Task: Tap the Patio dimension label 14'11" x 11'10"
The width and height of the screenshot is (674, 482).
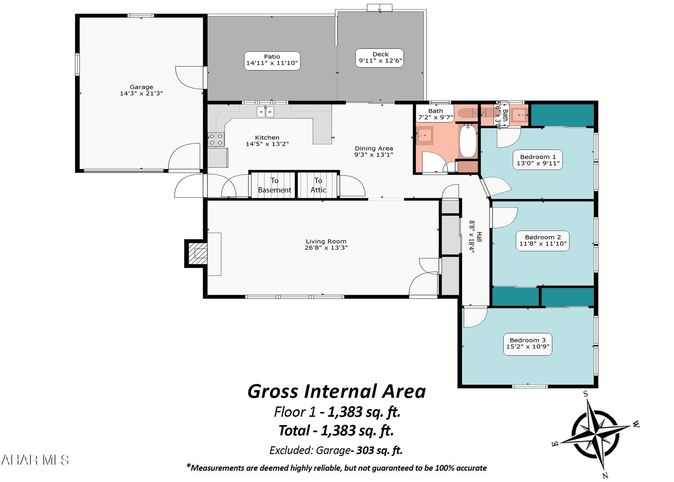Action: coord(272,63)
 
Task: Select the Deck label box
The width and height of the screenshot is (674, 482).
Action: coord(380,58)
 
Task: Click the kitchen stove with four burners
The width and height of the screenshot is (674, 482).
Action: coord(216,139)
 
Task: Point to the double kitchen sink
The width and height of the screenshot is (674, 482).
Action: coord(265,112)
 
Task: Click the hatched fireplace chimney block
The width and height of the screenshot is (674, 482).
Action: coord(197,253)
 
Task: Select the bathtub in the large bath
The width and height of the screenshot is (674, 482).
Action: coord(468,142)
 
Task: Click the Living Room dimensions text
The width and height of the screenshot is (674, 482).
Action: coord(326,248)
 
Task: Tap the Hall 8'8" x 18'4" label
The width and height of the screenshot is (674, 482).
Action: coord(475,237)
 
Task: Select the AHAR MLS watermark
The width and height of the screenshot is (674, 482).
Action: coord(35,460)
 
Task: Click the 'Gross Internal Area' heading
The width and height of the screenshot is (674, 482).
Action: coord(336,392)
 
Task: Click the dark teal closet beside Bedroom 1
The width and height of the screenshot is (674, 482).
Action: coord(562,115)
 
